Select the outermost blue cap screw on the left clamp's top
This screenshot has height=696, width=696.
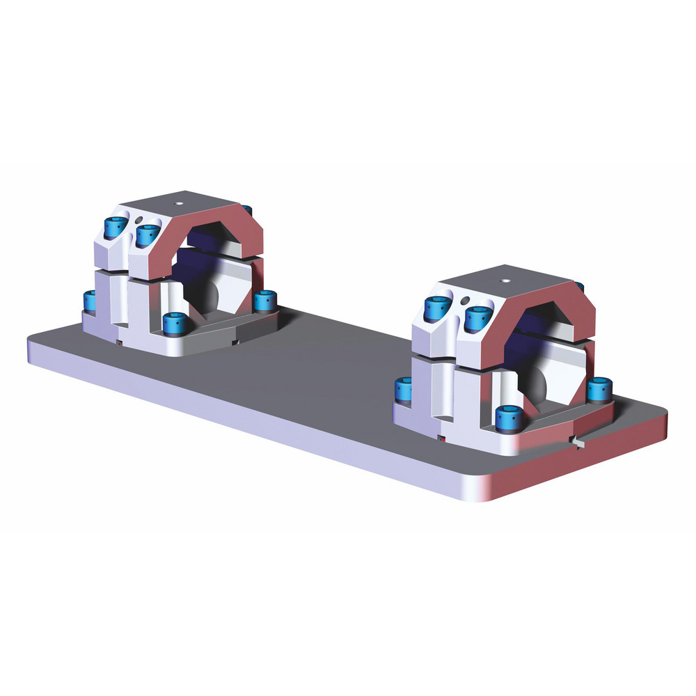[115, 226]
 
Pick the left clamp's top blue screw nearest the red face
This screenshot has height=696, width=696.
[148, 235]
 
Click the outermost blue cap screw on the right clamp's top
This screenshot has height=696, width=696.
[436, 307]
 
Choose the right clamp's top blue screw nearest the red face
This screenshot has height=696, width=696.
[477, 317]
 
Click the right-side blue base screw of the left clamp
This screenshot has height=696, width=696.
[264, 301]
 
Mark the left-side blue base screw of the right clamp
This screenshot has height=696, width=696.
[403, 390]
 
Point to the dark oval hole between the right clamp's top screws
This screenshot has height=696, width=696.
[464, 301]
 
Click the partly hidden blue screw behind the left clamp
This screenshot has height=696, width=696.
[247, 209]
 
